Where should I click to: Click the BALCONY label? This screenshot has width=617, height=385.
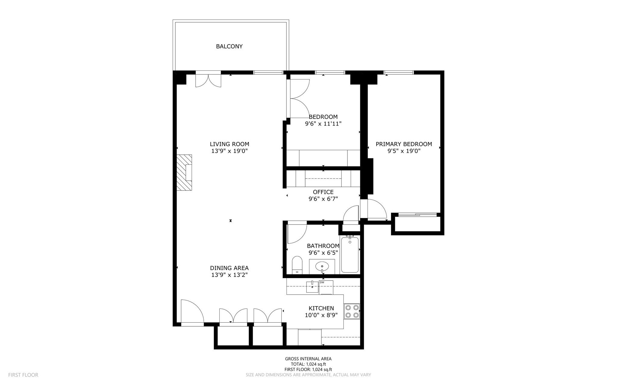(x=229, y=46)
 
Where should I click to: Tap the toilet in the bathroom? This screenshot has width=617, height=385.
(x=297, y=265)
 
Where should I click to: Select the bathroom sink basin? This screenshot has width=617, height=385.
(x=322, y=266)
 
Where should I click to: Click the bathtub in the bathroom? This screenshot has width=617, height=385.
(x=350, y=255)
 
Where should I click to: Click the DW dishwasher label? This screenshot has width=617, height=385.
(x=322, y=282)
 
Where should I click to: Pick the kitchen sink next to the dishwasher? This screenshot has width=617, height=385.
(x=312, y=287)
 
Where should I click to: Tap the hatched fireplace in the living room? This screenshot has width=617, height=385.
(x=184, y=172)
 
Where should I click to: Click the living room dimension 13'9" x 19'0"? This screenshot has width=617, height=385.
(x=229, y=151)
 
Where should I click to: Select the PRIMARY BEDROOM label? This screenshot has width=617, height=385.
(x=404, y=144)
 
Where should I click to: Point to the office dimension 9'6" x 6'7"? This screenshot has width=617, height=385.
(x=323, y=199)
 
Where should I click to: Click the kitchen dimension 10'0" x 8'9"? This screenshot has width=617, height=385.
(x=321, y=315)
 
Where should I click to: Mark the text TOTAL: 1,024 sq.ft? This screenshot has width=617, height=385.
(x=308, y=364)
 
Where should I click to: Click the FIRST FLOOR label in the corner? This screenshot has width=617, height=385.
(x=23, y=375)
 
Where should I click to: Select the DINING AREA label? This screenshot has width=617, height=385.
(x=229, y=268)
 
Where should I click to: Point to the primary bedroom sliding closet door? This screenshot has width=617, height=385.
(x=417, y=215)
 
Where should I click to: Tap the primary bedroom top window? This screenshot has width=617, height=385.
(x=399, y=72)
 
